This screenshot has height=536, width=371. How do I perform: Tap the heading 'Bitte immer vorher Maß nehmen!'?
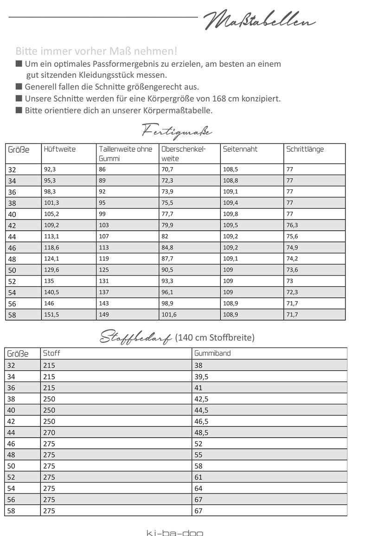click(x=96, y=51)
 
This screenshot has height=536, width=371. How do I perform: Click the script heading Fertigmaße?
click(x=176, y=130)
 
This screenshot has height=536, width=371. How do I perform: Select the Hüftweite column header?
click(x=60, y=149)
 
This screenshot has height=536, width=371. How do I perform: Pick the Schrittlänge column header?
click(x=305, y=149)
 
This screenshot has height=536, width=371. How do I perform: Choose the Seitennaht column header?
click(x=240, y=149)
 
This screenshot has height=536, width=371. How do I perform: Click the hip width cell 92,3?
click(x=51, y=169)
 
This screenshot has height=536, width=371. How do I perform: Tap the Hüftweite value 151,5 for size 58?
click(x=52, y=315)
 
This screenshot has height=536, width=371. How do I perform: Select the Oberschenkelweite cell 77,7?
click(x=167, y=214)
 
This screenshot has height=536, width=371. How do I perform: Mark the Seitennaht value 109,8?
click(x=231, y=214)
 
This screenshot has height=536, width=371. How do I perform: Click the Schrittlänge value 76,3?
click(x=293, y=225)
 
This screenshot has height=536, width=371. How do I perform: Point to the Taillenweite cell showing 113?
click(x=104, y=247)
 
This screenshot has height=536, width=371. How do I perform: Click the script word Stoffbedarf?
click(x=136, y=338)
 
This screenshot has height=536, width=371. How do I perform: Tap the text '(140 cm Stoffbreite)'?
click(x=215, y=338)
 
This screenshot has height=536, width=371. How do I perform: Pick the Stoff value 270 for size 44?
click(x=49, y=432)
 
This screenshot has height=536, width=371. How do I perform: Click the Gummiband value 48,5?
click(x=202, y=432)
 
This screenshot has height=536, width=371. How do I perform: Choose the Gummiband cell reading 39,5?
click(x=202, y=376)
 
